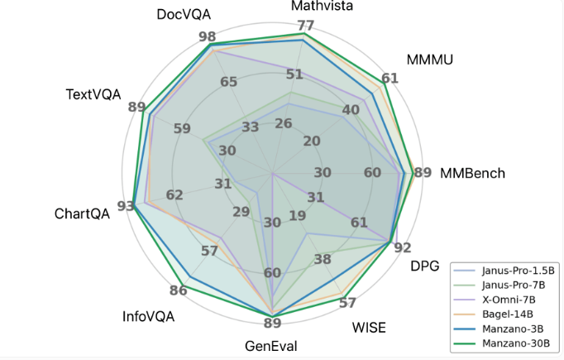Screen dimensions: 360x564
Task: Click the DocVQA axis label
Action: point(184,16)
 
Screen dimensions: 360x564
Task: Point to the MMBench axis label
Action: point(472,174)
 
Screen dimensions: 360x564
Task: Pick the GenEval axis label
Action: point(271,346)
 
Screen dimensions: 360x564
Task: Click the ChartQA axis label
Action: point(82,214)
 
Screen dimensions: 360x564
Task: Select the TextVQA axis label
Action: point(93,94)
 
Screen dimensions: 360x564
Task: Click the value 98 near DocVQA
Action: point(207,37)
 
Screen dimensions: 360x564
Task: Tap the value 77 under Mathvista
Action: point(304,25)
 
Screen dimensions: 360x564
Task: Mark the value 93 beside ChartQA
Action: point(126,206)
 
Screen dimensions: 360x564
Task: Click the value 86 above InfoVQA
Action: point(178,290)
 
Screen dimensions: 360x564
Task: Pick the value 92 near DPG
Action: point(403,247)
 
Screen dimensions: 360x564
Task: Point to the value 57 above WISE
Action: point(347,303)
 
